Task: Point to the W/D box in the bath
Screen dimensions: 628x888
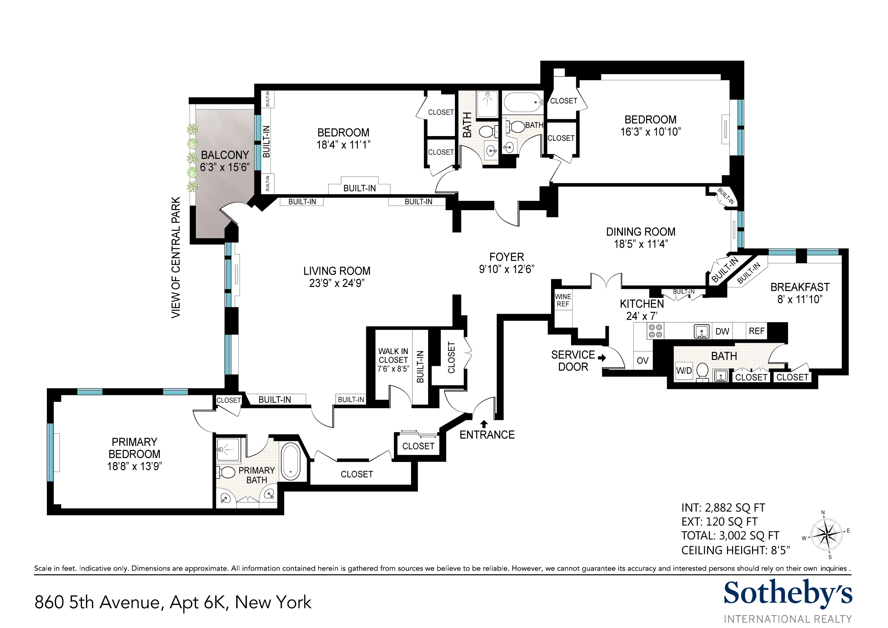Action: pos(684,370)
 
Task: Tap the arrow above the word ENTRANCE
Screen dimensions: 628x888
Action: pos(483,424)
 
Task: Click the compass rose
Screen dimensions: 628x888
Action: pos(826,536)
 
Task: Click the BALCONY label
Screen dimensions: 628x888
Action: pos(225,155)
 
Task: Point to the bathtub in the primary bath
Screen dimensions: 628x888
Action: pos(290,462)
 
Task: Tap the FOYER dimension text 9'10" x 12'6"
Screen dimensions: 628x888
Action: pos(506,269)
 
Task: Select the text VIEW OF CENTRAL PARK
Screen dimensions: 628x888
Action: pos(176,258)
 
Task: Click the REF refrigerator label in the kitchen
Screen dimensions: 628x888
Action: pos(756,331)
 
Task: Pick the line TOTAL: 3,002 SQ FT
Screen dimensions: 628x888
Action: pos(730,536)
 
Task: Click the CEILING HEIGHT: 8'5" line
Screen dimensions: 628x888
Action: pos(735,550)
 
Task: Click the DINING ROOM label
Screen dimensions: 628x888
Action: pos(641,232)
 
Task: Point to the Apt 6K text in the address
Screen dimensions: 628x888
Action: pos(197,602)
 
